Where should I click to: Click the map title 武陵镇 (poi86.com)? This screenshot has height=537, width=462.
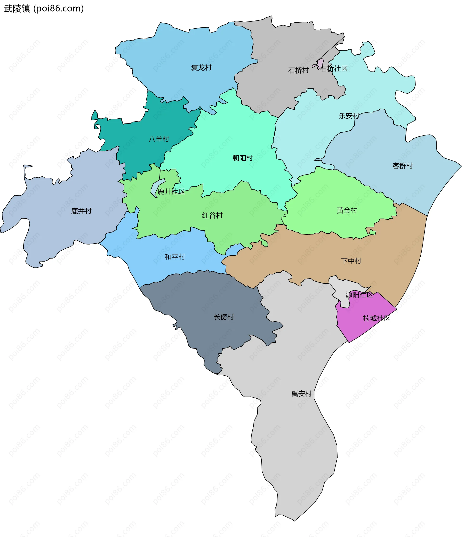click(44, 9)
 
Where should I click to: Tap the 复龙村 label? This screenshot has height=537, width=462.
click(201, 68)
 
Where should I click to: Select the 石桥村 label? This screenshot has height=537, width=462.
click(298, 71)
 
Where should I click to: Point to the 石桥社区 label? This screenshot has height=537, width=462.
click(334, 69)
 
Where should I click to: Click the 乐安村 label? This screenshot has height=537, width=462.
click(349, 116)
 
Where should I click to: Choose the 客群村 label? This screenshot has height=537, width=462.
click(402, 166)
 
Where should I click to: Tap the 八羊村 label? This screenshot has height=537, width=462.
click(159, 139)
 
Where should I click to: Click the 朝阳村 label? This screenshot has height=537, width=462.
click(243, 158)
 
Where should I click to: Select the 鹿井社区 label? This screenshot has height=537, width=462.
click(171, 192)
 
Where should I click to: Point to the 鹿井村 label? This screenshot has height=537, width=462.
click(81, 211)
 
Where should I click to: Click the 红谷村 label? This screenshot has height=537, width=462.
click(212, 215)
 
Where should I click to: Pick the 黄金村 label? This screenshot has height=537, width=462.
click(347, 210)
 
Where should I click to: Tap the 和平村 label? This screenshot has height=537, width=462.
click(175, 257)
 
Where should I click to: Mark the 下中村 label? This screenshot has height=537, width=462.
click(351, 261)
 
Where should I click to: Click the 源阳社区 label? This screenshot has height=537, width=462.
click(359, 294)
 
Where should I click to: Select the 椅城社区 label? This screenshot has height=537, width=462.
click(376, 318)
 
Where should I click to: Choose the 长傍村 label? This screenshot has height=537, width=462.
click(224, 317)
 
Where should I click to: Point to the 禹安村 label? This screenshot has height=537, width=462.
click(302, 394)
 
